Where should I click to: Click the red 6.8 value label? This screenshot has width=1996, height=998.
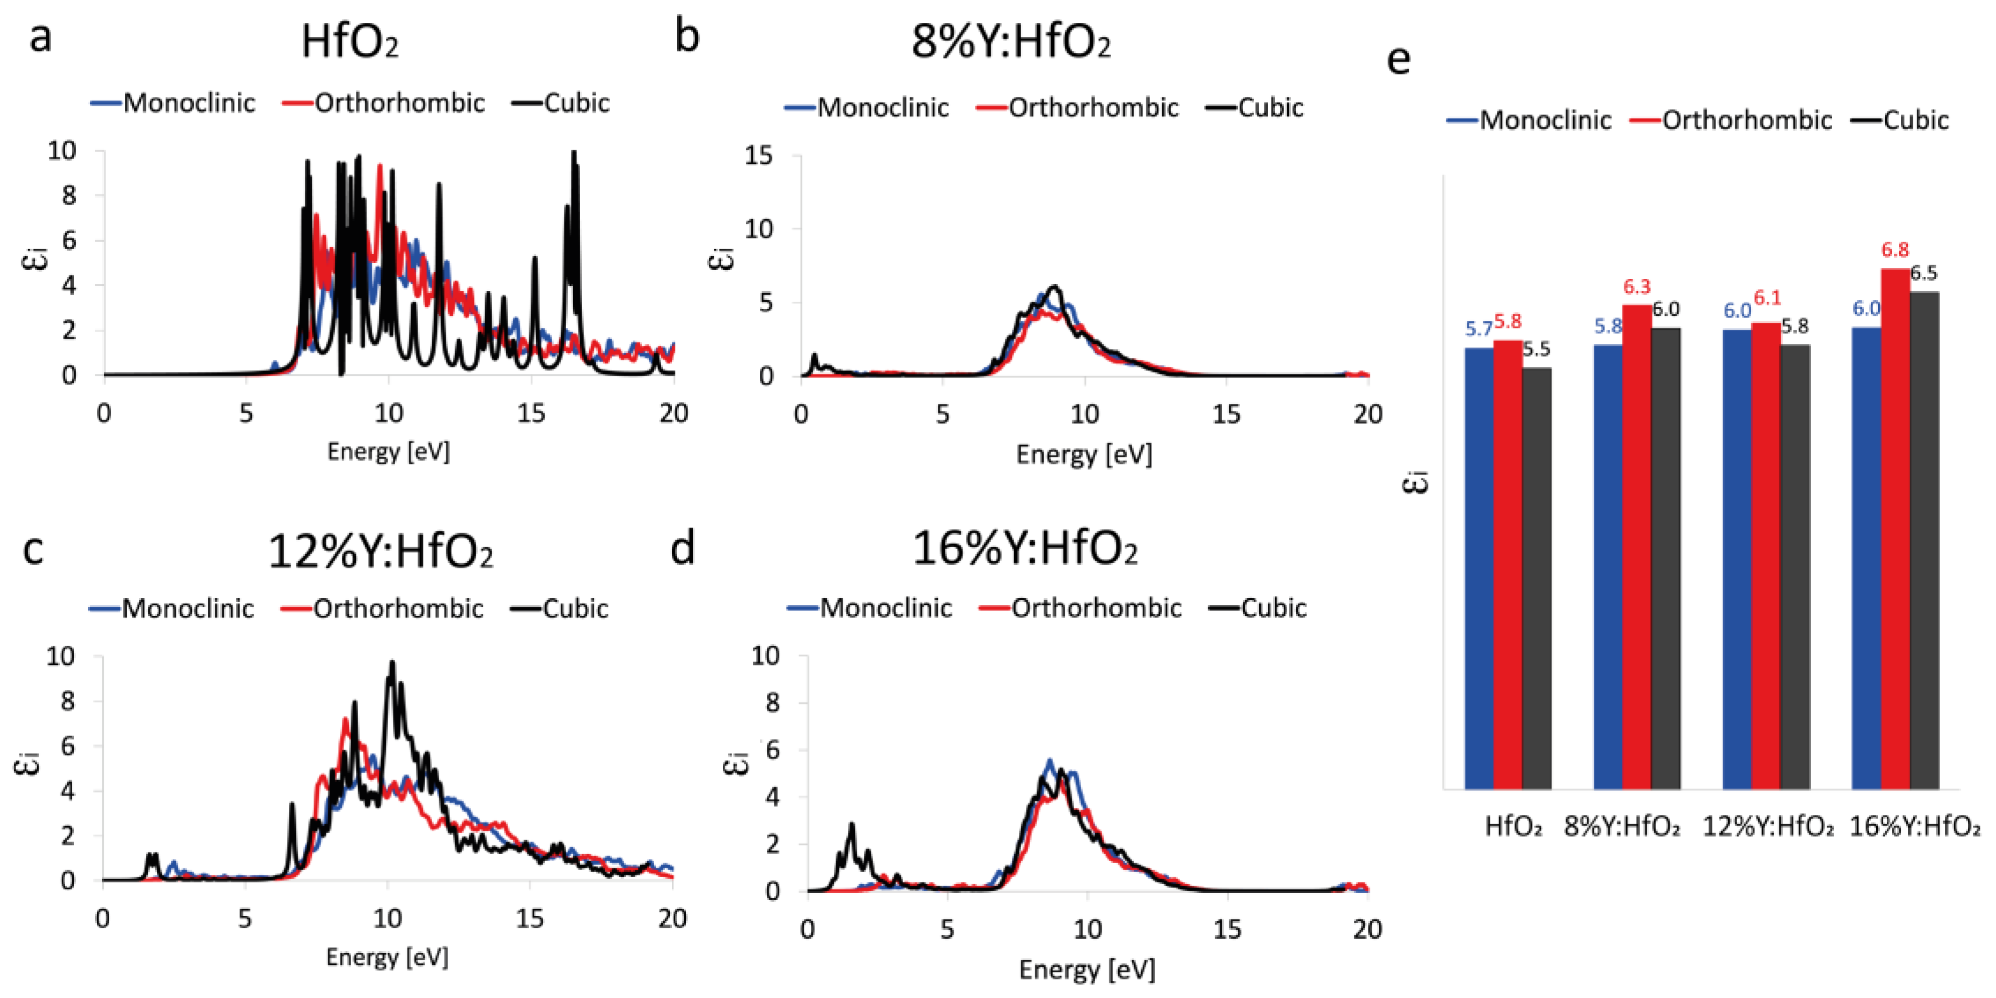click(x=1894, y=250)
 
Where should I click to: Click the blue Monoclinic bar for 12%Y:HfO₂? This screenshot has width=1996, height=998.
click(x=1736, y=558)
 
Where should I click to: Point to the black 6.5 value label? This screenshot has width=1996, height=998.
click(x=1923, y=273)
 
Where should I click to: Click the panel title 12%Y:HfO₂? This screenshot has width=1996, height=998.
click(x=381, y=552)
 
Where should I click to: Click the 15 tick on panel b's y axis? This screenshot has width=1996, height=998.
click(x=759, y=156)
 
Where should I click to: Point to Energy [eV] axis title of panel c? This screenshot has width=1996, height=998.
click(x=386, y=957)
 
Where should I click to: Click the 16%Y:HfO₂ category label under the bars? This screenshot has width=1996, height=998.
click(x=1914, y=827)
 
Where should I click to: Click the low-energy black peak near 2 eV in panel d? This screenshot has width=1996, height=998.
click(x=851, y=826)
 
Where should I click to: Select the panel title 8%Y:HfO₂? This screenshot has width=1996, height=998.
click(x=1011, y=42)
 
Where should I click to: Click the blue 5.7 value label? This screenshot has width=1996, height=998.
click(x=1479, y=329)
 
